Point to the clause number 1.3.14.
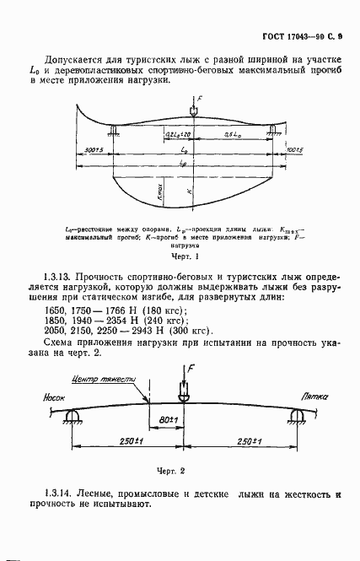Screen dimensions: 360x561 click(x=56, y=492)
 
